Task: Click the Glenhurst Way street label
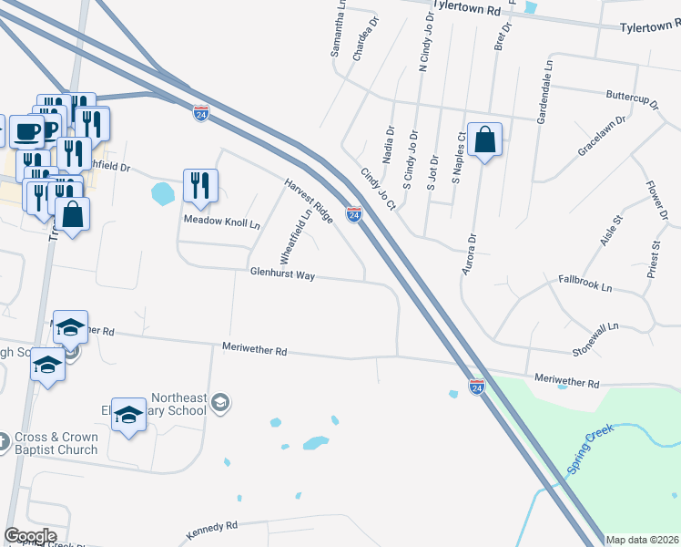pyautogui.click(x=282, y=273)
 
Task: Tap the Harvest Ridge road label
pyautogui.click(x=309, y=200)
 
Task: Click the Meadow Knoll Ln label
pyautogui.click(x=222, y=222)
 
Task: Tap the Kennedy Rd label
pyautogui.click(x=211, y=526)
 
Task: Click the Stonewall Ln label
pyautogui.click(x=595, y=325)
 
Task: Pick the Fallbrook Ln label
pyautogui.click(x=585, y=284)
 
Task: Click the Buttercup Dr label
pyautogui.click(x=631, y=94)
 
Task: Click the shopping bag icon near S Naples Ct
pyautogui.click(x=484, y=140)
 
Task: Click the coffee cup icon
pyautogui.click(x=27, y=131)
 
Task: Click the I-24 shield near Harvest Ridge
pyautogui.click(x=354, y=214)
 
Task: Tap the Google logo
pyautogui.click(x=30, y=536)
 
